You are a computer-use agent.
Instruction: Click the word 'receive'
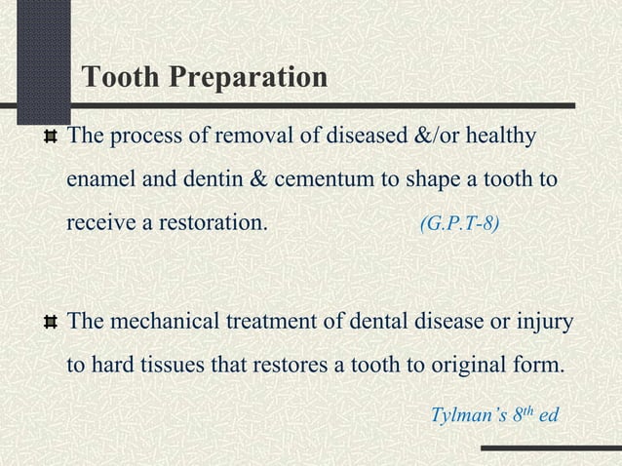pos(100,222)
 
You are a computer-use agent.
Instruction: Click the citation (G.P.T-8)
pos(460,223)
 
